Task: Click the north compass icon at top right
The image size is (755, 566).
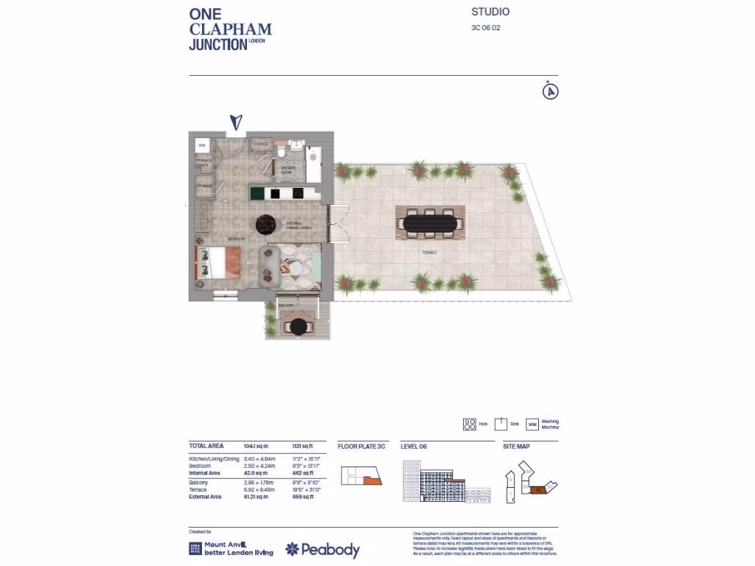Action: tap(550, 91)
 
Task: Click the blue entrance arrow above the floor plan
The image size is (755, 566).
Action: tap(236, 123)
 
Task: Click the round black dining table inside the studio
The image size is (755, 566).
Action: tap(266, 225)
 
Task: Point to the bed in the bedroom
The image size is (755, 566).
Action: tap(218, 262)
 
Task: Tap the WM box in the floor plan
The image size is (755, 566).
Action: tap(202, 144)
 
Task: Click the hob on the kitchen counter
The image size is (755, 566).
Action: tap(299, 193)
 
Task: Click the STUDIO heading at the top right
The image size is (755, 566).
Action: tap(490, 12)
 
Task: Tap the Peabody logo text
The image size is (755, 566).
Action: tap(331, 550)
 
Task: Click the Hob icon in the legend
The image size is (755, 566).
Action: tap(470, 424)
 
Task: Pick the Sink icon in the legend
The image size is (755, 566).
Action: tap(501, 424)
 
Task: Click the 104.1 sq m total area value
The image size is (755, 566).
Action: tap(256, 447)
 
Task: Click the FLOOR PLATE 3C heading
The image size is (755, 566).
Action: tap(361, 447)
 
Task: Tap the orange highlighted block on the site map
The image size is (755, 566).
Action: tap(537, 489)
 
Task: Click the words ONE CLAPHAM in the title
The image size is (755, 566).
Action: tap(230, 22)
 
